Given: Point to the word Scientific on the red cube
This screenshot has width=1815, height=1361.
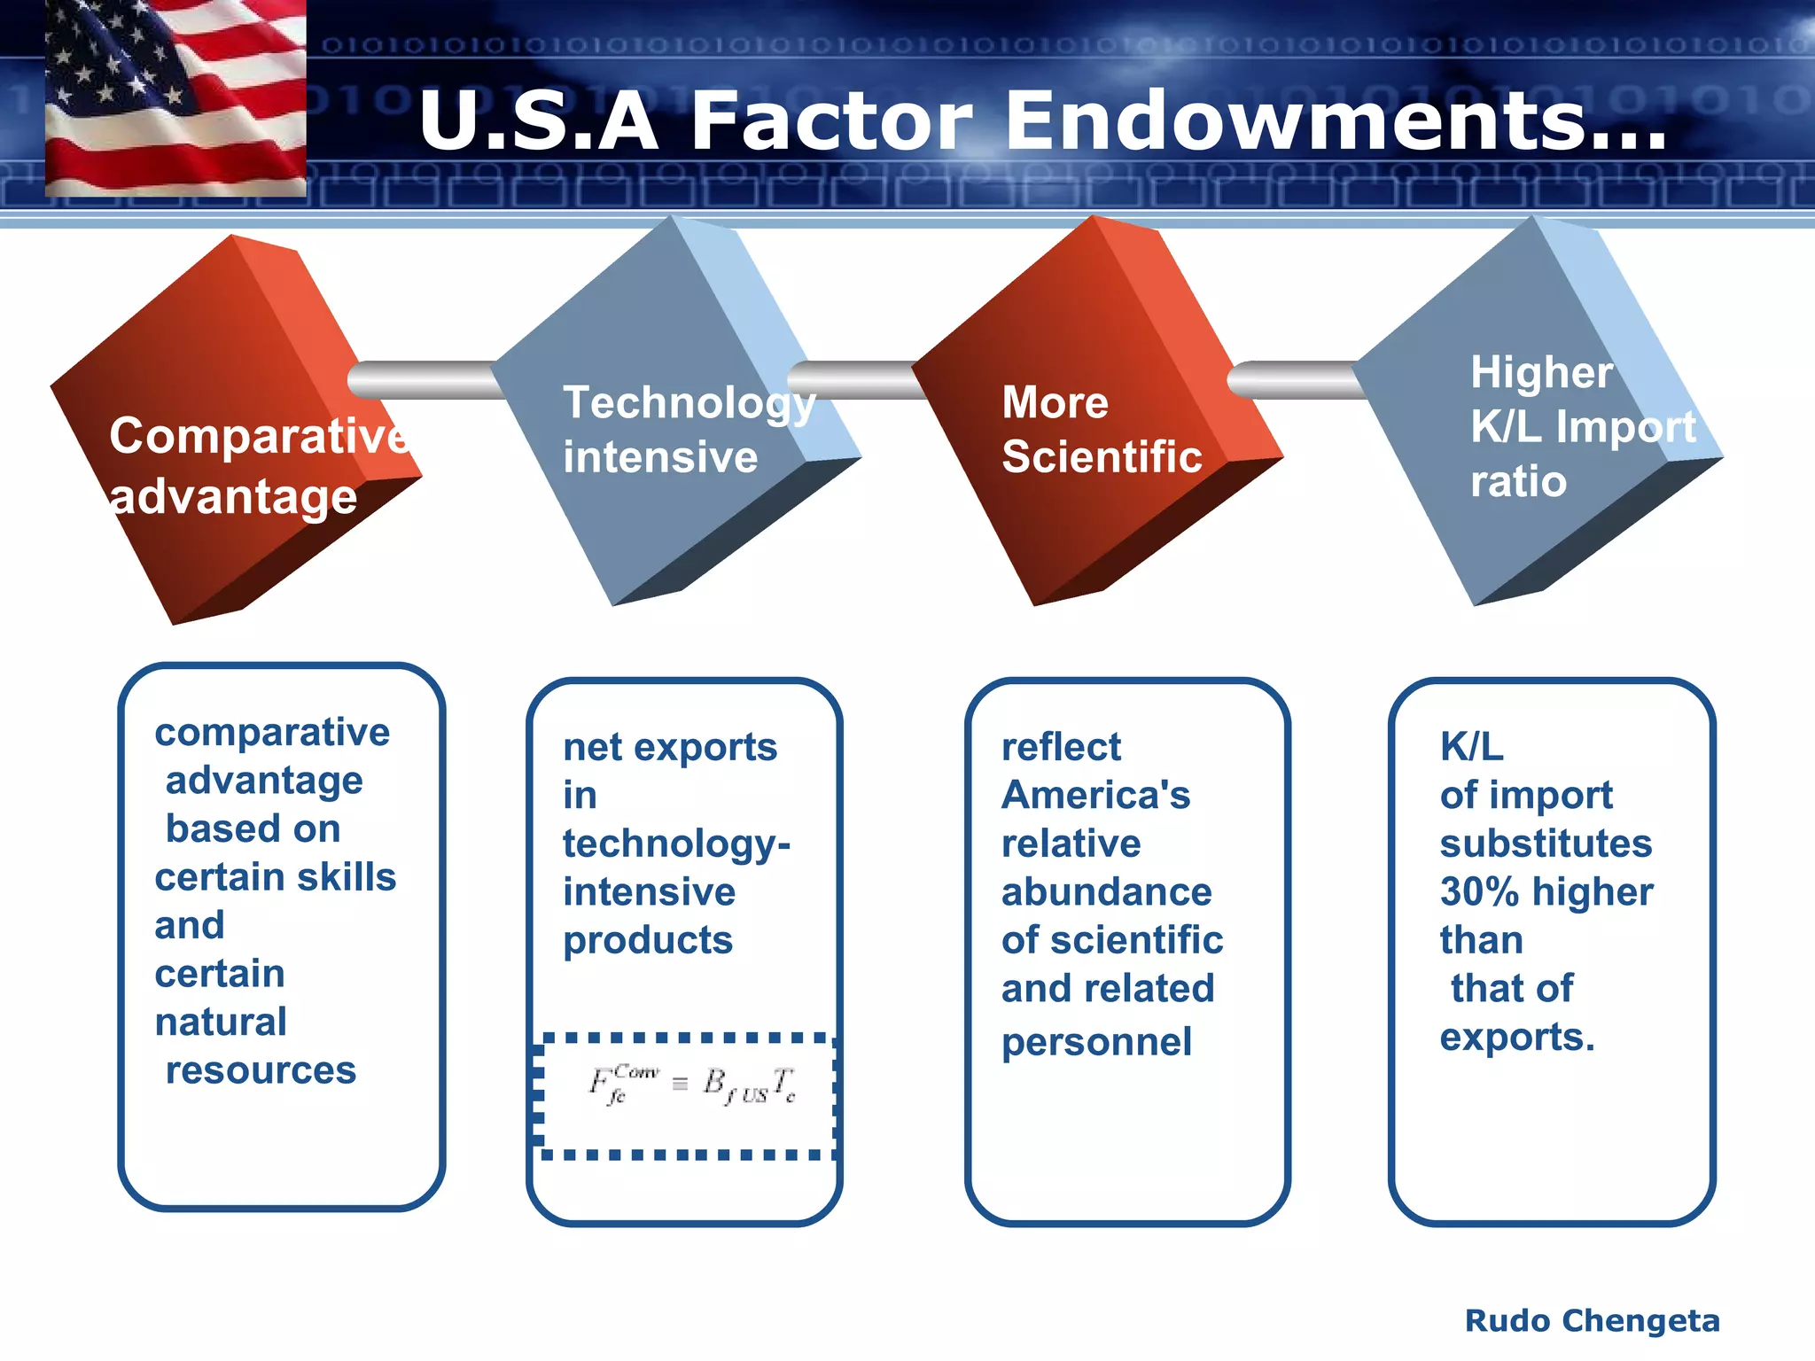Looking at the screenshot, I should click(1102, 457).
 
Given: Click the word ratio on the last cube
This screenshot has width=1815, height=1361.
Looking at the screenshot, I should click(1518, 482).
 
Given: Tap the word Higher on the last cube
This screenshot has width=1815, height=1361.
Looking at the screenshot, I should click(1541, 372).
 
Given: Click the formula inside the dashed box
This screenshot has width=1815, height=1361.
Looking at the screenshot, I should click(691, 1085).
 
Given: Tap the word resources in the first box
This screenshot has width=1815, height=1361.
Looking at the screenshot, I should click(261, 1070).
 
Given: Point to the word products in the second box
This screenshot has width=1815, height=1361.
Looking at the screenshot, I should click(648, 940).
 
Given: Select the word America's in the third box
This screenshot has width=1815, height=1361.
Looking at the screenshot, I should click(1095, 795).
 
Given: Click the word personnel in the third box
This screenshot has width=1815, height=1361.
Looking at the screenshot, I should click(1096, 1042).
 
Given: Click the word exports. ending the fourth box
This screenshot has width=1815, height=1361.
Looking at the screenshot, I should click(1516, 1037).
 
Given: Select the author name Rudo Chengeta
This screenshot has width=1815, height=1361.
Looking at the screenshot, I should click(1592, 1320).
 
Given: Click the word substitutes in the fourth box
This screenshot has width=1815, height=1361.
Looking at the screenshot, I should click(1546, 844).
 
